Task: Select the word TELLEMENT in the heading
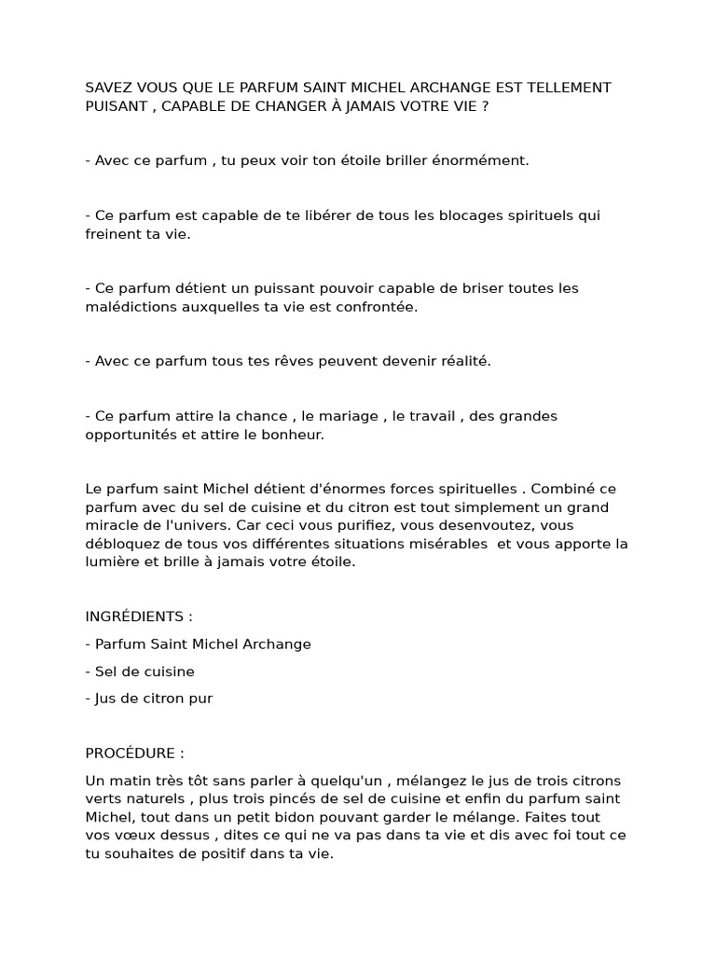(x=571, y=88)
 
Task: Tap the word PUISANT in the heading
(x=115, y=106)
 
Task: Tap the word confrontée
(x=378, y=307)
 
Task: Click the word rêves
(x=286, y=361)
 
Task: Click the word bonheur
(x=293, y=435)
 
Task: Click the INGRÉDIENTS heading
(x=138, y=616)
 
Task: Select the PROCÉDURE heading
(x=134, y=753)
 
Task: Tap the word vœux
(x=131, y=835)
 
